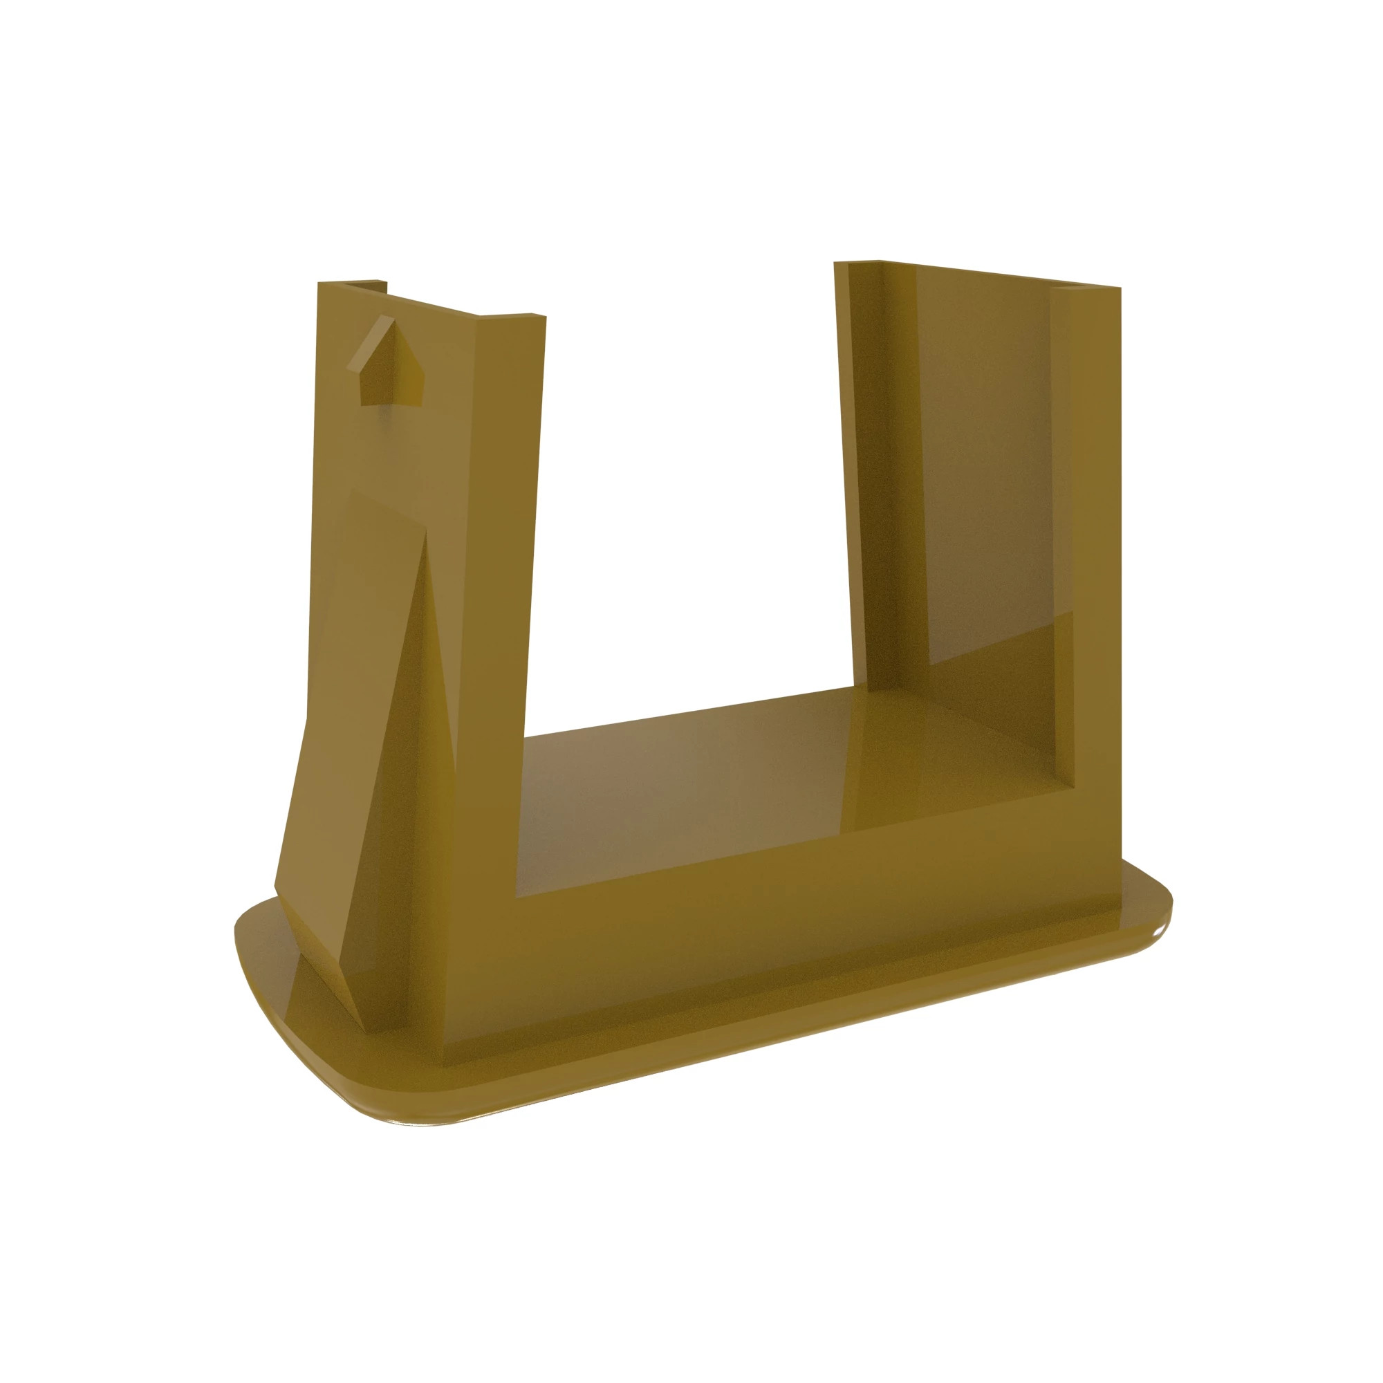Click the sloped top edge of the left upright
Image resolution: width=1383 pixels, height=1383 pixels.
[429, 304]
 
